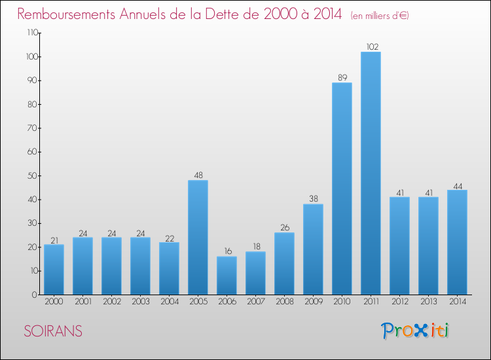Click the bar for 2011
click(x=371, y=173)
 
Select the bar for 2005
click(x=198, y=238)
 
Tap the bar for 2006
click(x=227, y=276)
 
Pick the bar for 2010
click(x=342, y=189)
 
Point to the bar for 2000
click(x=54, y=270)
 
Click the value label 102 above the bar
click(x=373, y=47)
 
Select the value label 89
click(x=342, y=78)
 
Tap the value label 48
click(x=198, y=175)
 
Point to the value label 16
click(x=228, y=251)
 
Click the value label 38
click(x=314, y=199)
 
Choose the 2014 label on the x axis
click(x=458, y=302)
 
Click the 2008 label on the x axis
click(x=285, y=302)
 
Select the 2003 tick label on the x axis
click(x=141, y=302)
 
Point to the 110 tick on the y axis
click(x=33, y=33)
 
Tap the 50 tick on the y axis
click(x=33, y=175)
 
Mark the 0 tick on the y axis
click(x=35, y=295)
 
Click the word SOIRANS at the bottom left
click(x=53, y=331)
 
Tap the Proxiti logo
click(x=415, y=331)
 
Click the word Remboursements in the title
click(x=66, y=14)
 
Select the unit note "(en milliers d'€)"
click(x=380, y=16)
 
